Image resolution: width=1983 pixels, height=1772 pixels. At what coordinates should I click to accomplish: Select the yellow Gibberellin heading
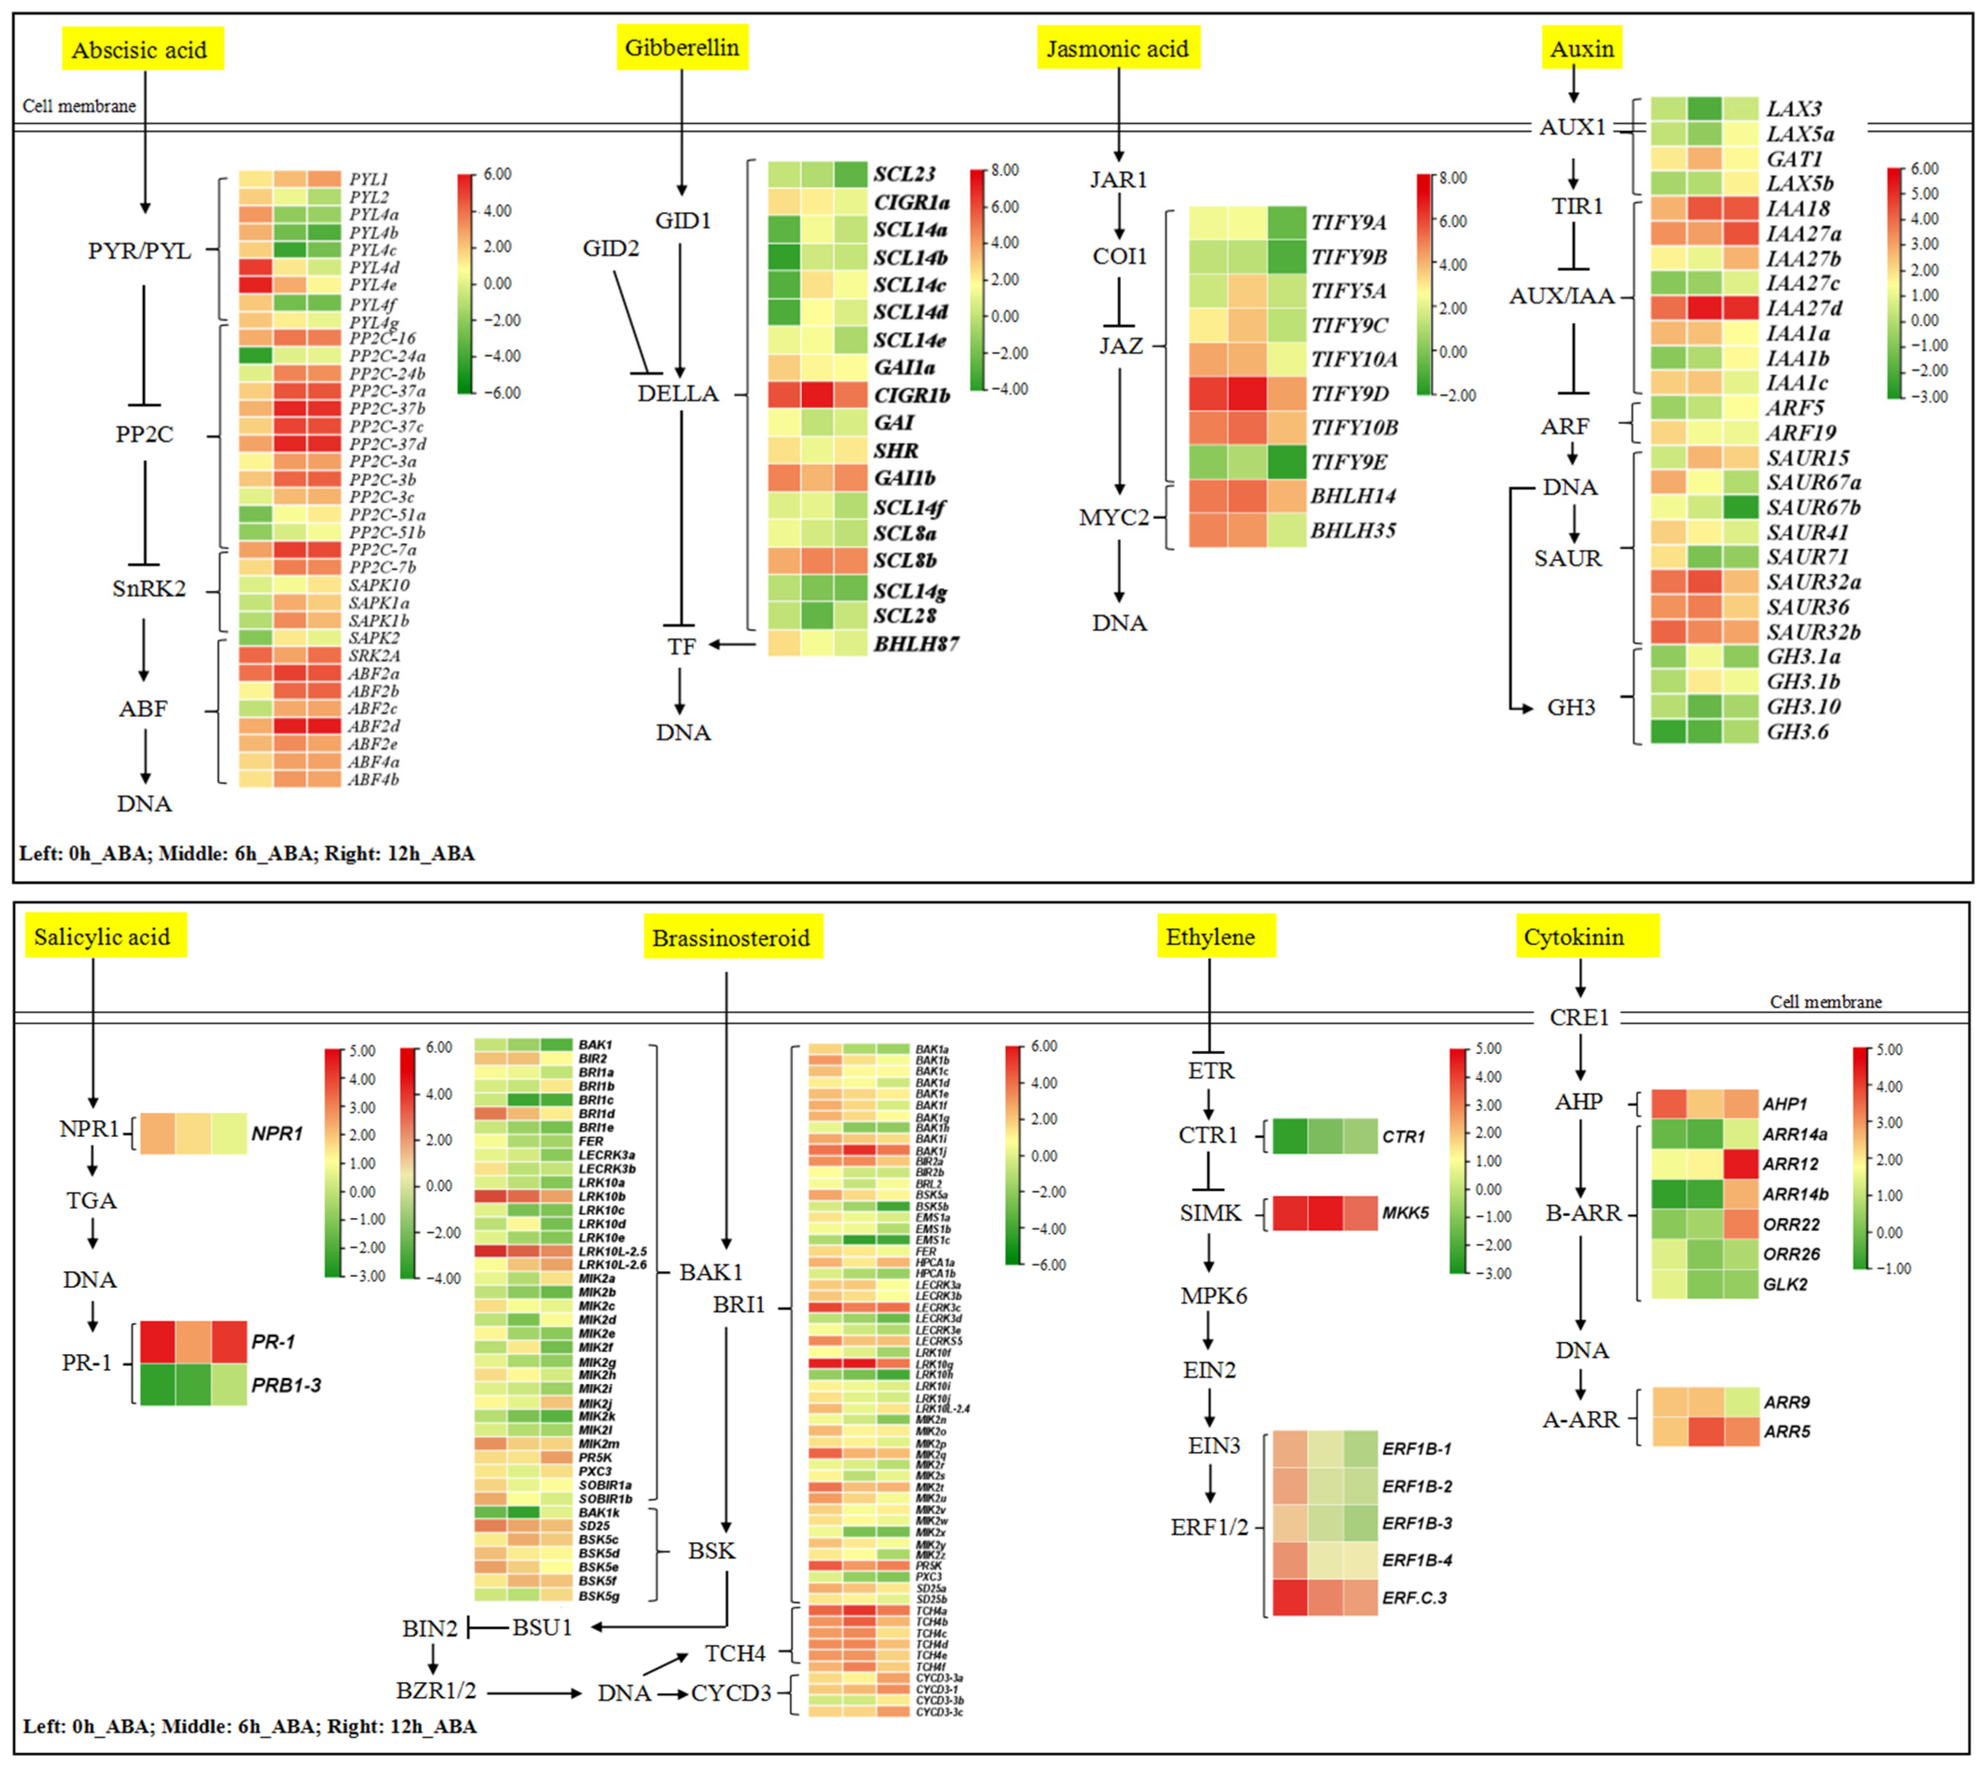coord(682,48)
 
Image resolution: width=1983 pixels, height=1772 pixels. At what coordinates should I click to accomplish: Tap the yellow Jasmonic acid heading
coord(1117,48)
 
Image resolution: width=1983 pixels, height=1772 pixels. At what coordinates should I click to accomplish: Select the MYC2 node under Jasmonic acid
coord(1113,517)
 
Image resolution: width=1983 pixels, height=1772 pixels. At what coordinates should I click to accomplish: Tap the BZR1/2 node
coord(435,1690)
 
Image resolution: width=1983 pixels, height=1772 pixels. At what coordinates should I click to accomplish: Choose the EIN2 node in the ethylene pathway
coord(1209,1370)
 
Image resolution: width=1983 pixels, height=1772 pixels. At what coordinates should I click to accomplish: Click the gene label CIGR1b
coord(911,395)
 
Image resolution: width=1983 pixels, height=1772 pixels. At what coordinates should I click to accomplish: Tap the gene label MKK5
coord(1405,1213)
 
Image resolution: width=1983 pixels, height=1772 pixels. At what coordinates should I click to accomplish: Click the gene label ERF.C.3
coord(1414,1598)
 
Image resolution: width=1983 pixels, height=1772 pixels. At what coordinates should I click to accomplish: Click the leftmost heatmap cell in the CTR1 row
coord(1290,1136)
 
